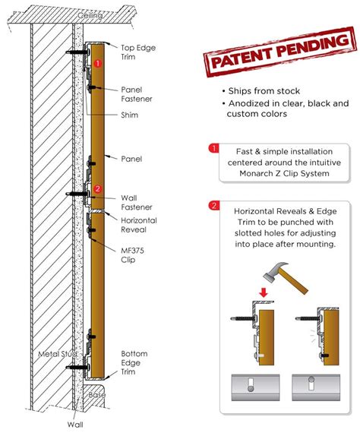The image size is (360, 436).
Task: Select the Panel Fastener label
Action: click(x=137, y=94)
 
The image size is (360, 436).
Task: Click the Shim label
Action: click(x=131, y=116)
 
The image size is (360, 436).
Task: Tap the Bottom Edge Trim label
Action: click(x=136, y=362)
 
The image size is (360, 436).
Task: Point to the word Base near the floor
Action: click(x=99, y=396)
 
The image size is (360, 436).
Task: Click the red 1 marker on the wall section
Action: click(x=98, y=64)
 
